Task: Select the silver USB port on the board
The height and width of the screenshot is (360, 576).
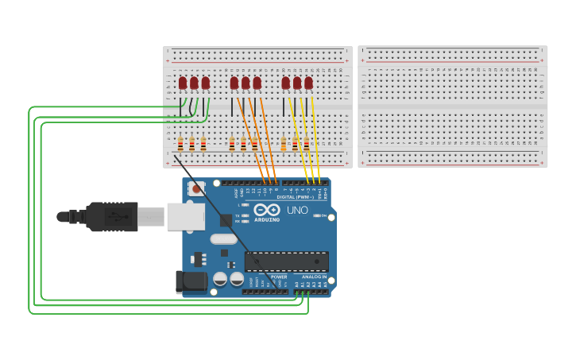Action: (185, 216)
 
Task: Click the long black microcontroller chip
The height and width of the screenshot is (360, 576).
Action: (286, 261)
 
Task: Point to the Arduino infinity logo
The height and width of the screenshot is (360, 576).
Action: (266, 210)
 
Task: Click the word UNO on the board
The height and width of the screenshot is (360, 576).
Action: (296, 211)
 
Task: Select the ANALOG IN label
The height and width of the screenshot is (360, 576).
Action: (314, 277)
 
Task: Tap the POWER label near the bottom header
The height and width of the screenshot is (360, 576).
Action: (279, 277)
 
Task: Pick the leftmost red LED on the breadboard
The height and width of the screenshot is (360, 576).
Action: (183, 83)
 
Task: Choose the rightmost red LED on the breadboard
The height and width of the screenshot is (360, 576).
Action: (308, 83)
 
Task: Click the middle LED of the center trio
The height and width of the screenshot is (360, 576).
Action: (245, 83)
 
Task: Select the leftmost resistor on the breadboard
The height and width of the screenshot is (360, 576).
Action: (180, 144)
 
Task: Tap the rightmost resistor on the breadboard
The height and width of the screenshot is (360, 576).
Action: (306, 144)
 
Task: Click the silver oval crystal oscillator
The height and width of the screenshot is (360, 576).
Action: (224, 239)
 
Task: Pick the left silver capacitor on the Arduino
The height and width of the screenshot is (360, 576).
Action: (220, 279)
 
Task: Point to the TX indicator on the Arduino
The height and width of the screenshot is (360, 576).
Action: (246, 215)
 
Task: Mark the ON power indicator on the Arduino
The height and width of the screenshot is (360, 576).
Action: (318, 215)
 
